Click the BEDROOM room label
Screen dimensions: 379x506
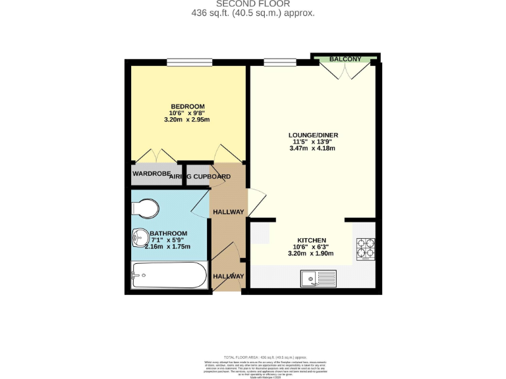pyautogui.click(x=188, y=107)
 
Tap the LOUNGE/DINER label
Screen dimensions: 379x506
pyautogui.click(x=313, y=135)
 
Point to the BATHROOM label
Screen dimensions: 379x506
pyautogui.click(x=169, y=233)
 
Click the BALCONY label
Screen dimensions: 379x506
pyautogui.click(x=345, y=59)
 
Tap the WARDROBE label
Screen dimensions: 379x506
pyautogui.click(x=150, y=174)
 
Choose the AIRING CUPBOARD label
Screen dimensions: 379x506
pyautogui.click(x=200, y=176)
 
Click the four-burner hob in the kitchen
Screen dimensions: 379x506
pyautogui.click(x=366, y=248)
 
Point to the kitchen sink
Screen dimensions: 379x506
pyautogui.click(x=318, y=278)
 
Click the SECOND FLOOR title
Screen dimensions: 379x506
pyautogui.click(x=253, y=3)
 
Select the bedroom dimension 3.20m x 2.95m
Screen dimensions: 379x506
pyautogui.click(x=188, y=120)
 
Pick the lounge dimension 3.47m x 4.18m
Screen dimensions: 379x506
pyautogui.click(x=313, y=149)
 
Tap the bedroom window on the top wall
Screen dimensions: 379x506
pyautogui.click(x=188, y=63)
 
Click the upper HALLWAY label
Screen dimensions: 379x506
pyautogui.click(x=227, y=211)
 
